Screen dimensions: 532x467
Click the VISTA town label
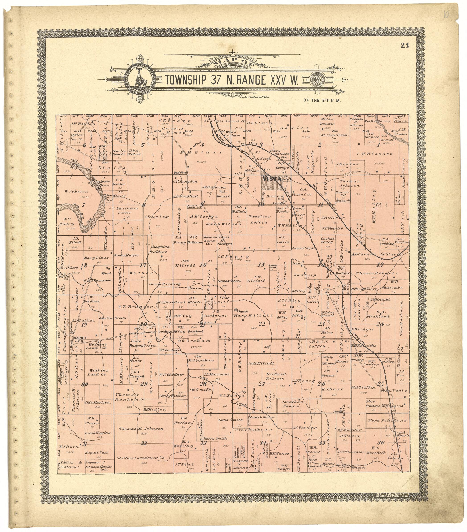pos(272,179)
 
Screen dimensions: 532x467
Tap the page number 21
pos(405,45)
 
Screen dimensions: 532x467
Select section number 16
pos(203,265)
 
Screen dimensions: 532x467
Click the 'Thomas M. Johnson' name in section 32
pos(141,429)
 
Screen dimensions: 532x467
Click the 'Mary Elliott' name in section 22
pos(253,316)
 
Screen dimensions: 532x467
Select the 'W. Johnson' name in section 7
pos(76,191)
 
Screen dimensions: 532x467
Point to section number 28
pos(203,384)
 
